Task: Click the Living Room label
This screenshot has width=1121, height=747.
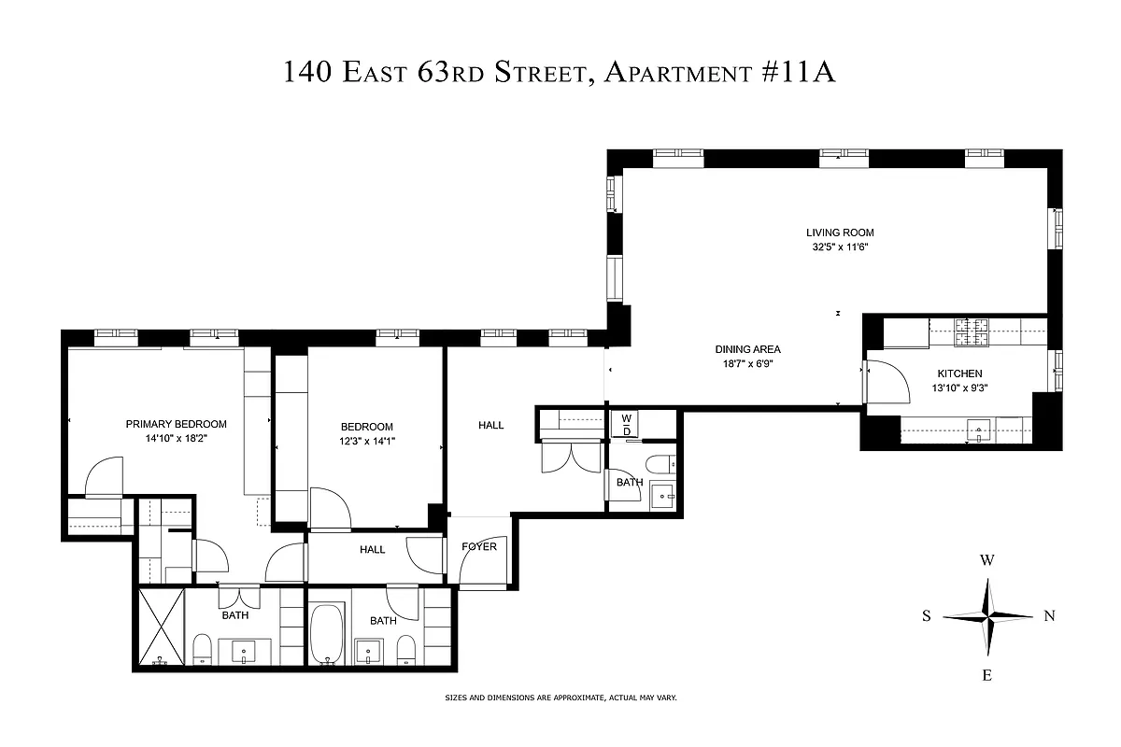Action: [840, 233]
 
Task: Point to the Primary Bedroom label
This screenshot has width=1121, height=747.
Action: [176, 424]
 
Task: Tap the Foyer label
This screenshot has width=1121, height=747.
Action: [478, 547]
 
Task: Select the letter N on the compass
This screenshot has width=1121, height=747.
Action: [1049, 615]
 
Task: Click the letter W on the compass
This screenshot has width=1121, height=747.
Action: [986, 561]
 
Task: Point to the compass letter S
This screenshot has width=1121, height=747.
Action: [927, 615]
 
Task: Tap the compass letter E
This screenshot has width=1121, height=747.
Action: [986, 675]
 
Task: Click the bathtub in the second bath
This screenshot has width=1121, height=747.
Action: [327, 634]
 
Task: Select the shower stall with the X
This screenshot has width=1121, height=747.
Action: [161, 627]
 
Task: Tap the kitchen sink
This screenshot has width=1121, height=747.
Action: [980, 430]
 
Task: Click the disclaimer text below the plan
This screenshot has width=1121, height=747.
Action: [560, 698]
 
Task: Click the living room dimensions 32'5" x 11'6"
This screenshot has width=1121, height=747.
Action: [840, 247]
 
